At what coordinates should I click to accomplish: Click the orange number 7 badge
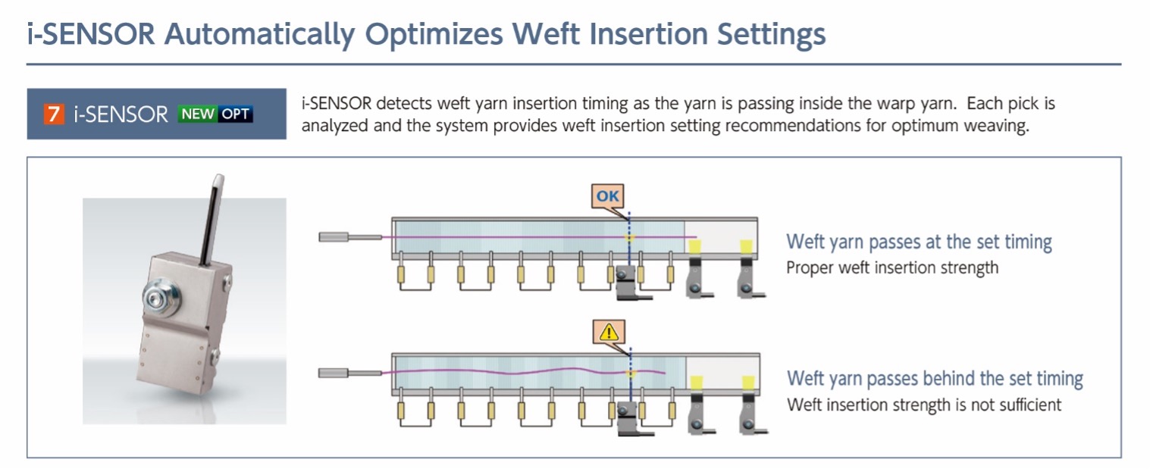click(53, 114)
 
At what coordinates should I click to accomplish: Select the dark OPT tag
click(236, 114)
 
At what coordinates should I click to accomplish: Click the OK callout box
click(608, 197)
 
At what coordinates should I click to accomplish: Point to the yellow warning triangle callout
click(610, 331)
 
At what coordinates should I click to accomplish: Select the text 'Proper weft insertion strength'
click(892, 267)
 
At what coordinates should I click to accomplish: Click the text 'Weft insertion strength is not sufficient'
click(924, 405)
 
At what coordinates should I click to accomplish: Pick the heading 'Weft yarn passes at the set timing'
click(919, 242)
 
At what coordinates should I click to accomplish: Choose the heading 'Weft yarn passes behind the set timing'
click(935, 378)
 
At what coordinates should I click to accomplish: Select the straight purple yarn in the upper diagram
click(531, 238)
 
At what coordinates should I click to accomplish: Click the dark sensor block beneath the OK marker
click(625, 281)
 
